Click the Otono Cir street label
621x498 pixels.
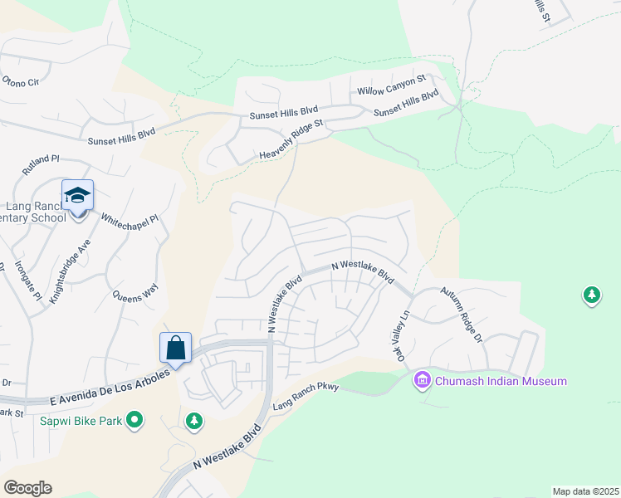click(21, 81)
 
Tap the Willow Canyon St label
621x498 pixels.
click(391, 84)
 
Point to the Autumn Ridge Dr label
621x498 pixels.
click(462, 315)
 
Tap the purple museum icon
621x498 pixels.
click(422, 381)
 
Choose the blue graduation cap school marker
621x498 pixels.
click(78, 197)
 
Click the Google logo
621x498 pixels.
click(27, 488)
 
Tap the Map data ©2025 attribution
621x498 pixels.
click(584, 491)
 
